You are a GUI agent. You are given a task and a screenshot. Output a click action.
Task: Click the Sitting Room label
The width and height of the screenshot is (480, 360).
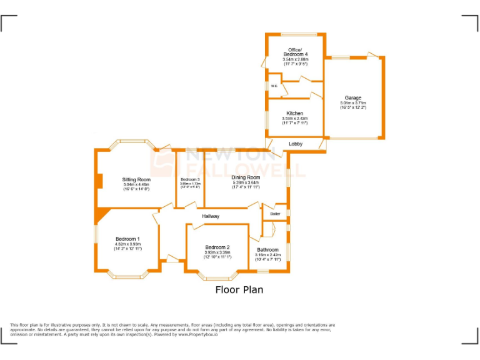point(136,179)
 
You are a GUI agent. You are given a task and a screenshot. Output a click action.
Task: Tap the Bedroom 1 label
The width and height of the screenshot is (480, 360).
point(127,239)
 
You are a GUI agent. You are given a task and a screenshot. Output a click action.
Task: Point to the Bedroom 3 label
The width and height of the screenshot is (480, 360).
point(190,179)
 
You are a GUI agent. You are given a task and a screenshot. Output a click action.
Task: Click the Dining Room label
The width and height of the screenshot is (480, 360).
point(246,177)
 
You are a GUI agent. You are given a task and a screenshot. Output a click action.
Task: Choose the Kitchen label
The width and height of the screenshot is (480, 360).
point(294,113)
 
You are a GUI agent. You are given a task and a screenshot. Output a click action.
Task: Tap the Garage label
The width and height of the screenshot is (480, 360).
point(353,98)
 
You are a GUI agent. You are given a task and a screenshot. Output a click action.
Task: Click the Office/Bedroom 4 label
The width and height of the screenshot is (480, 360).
point(295,52)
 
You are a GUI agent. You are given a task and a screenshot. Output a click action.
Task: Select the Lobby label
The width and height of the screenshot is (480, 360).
point(296,144)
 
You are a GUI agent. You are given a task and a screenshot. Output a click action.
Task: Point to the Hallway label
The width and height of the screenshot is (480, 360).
point(211,216)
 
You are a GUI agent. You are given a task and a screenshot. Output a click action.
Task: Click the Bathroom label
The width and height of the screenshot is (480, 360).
point(267,250)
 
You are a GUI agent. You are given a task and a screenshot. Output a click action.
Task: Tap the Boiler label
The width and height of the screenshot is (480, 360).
point(275,214)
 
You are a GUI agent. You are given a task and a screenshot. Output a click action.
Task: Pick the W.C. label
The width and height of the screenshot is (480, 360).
point(274,86)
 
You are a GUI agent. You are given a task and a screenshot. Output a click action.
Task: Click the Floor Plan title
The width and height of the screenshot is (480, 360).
point(239,290)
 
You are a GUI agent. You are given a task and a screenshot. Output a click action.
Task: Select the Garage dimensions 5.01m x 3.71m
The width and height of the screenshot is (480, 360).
point(353,103)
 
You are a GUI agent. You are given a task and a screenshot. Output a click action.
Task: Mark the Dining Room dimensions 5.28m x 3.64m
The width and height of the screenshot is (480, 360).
point(246,182)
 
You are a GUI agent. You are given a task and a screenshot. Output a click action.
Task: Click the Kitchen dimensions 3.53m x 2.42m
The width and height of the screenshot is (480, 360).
point(294,118)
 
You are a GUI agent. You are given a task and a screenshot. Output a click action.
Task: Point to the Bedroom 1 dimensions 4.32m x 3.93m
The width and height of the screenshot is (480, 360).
point(127,244)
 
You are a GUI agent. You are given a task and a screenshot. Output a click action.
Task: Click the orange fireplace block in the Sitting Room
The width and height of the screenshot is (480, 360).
point(99,180)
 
